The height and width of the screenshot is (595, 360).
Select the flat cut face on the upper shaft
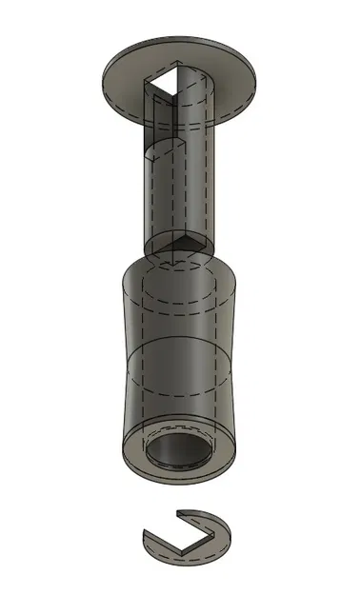coord(158,195)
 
